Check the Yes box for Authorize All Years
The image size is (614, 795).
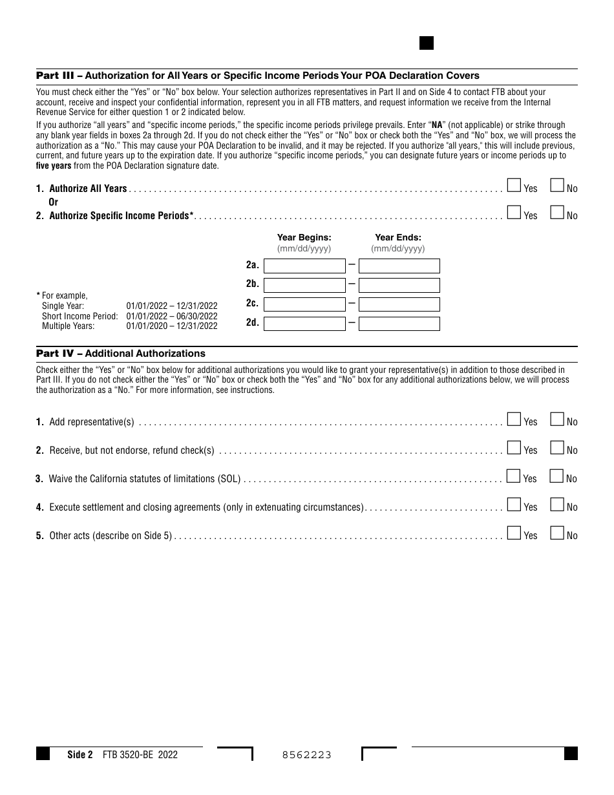coord(514,186)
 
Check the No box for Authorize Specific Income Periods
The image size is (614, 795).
coord(556,213)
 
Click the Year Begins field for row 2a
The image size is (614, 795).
coord(304,266)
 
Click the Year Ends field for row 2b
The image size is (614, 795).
coord(399,285)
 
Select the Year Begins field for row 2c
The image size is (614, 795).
coord(304,304)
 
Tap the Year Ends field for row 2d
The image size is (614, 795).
coord(399,323)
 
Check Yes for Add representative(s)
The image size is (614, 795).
coord(514,419)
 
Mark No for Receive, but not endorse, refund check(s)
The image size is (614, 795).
coord(556,448)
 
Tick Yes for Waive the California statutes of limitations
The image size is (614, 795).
coord(514,476)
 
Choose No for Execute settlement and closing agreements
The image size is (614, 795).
coord(556,505)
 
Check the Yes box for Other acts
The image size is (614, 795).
coord(514,533)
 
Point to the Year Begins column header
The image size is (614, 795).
coord(304,238)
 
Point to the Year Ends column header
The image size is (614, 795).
coord(398,238)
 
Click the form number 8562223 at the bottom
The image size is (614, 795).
coord(307,755)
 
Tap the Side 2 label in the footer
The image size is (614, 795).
coord(80,754)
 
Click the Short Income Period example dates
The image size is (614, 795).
coord(172,316)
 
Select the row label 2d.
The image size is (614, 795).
coord(252,323)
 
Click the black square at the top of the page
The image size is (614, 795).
coord(427,43)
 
